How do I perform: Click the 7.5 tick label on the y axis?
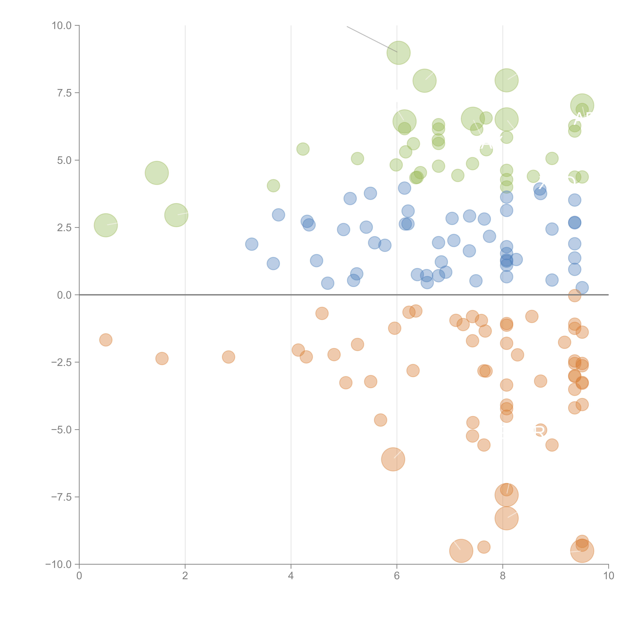click(64, 93)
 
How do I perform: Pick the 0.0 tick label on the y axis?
click(64, 295)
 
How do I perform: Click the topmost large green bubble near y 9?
click(398, 53)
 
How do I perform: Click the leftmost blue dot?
click(252, 244)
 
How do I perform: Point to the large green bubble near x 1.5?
click(157, 173)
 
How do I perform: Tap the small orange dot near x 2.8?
click(228, 357)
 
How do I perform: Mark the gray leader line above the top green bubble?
click(372, 39)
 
